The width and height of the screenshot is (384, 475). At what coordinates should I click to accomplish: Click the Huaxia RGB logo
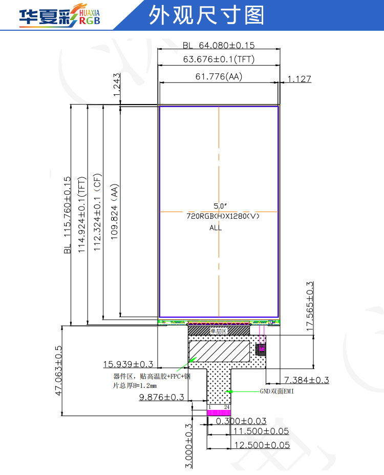point(59,16)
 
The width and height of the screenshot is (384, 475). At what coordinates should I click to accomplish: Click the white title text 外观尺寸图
point(206,16)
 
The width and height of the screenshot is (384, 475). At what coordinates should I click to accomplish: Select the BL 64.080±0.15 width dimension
point(219,45)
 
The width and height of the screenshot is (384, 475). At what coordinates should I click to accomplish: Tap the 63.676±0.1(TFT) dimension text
point(219,59)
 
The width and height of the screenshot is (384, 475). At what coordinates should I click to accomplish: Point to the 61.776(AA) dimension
point(219,77)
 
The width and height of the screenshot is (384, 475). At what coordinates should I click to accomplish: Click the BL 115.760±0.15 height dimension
point(67,215)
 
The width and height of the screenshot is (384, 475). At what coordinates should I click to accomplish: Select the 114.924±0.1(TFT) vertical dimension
point(82,215)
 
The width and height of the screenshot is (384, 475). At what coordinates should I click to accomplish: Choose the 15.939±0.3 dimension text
point(129,364)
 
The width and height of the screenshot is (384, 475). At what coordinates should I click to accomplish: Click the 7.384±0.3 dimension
point(306,380)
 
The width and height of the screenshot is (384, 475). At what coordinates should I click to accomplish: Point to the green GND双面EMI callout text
point(276,391)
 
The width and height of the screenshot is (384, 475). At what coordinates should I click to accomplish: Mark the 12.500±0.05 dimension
point(261,445)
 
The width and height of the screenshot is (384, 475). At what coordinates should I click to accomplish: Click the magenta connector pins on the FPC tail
point(219,412)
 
